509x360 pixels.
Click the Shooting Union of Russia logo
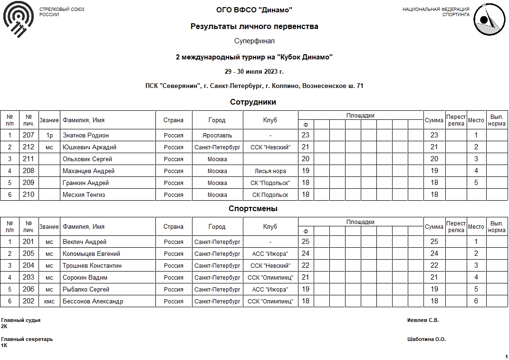(x=19, y=19)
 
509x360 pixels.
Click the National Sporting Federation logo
(x=490, y=19)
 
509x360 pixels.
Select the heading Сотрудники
(x=253, y=102)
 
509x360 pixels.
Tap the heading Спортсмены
(x=253, y=209)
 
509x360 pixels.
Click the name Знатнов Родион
(x=86, y=136)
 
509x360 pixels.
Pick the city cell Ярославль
(x=217, y=136)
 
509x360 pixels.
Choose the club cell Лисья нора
(x=270, y=171)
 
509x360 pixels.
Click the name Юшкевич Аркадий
(x=89, y=147)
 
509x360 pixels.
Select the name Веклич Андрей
(x=85, y=242)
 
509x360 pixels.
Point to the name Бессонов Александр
(x=93, y=302)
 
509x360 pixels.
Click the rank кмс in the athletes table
(x=49, y=302)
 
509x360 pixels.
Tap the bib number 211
(x=29, y=159)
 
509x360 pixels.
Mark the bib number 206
(x=29, y=290)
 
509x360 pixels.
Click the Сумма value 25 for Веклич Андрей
(x=434, y=242)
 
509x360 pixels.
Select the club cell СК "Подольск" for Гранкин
(x=270, y=183)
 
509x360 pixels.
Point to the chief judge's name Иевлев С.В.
(x=423, y=321)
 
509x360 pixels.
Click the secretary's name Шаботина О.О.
(x=426, y=340)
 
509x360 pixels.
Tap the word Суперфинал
(x=254, y=41)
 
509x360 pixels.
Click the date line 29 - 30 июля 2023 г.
(x=254, y=72)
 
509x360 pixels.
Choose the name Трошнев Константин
(x=92, y=266)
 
